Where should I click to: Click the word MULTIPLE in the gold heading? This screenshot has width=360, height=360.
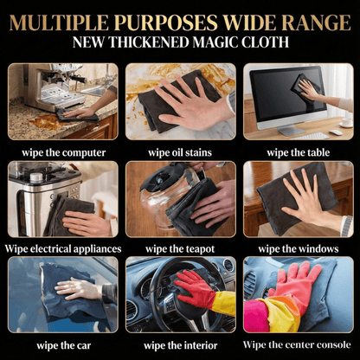60,22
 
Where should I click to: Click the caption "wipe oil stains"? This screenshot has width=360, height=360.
180,152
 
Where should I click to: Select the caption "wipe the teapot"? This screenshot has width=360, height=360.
180,249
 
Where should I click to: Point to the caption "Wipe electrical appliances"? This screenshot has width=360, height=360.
63,248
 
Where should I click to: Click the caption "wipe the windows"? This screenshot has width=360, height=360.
299,248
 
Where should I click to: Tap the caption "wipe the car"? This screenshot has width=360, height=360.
64,345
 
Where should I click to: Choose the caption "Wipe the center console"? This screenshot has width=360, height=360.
297,344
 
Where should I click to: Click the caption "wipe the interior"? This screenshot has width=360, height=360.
181,345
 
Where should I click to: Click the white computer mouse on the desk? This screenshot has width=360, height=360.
336,132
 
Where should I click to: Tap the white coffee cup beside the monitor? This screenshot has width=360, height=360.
347,122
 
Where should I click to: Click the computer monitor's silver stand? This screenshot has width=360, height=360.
292,131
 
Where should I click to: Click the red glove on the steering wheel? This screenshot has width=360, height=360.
196,289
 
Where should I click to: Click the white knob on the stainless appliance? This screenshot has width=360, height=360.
36,177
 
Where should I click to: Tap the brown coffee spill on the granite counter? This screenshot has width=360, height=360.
45,122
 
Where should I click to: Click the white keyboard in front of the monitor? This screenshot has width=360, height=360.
310,136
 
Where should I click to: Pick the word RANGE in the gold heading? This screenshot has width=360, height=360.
316,22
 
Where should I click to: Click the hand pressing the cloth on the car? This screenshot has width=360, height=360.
78,288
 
